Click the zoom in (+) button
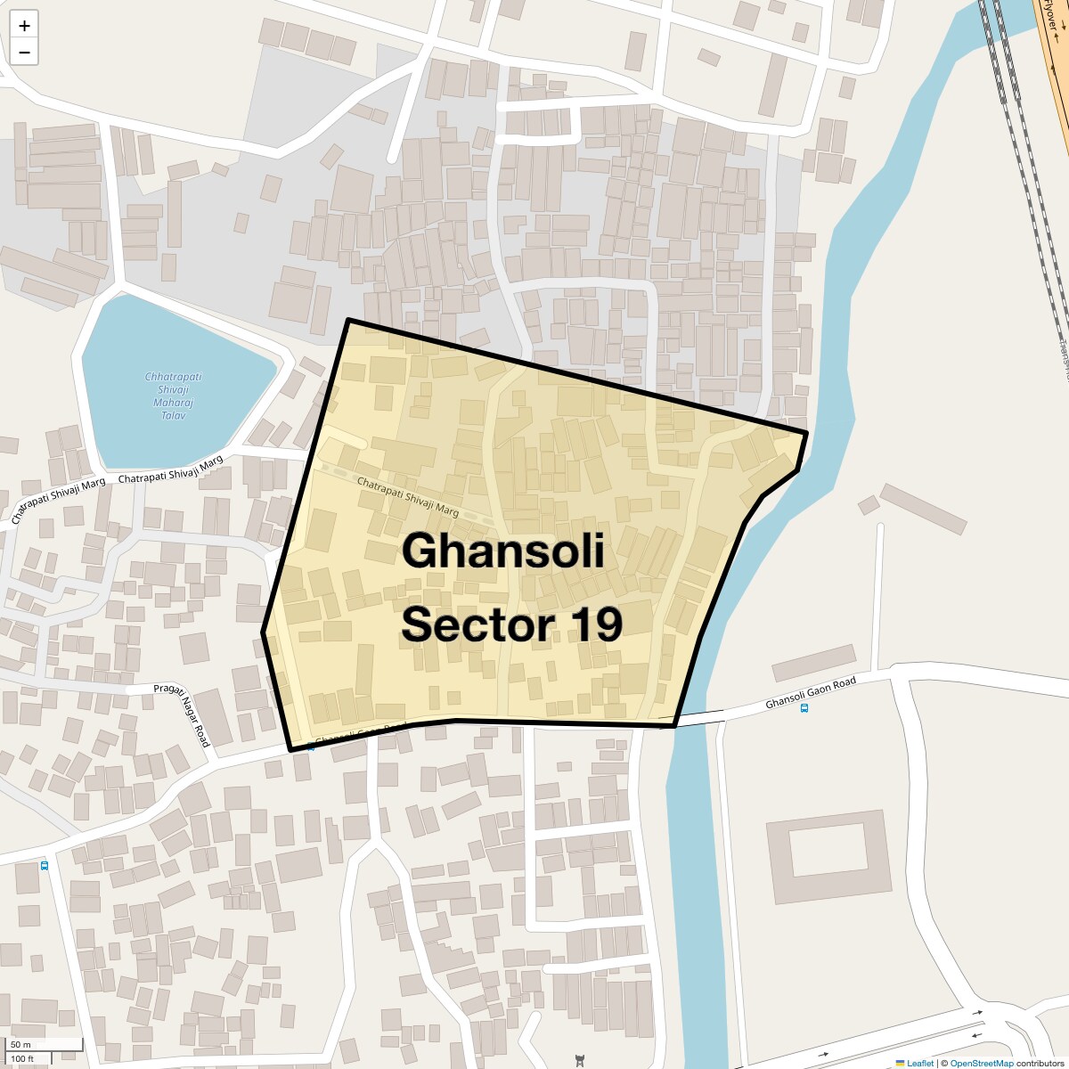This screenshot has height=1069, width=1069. tap(24, 26)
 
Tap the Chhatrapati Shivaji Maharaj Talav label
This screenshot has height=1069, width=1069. tap(173, 396)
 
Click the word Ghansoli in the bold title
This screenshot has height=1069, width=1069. tap(502, 551)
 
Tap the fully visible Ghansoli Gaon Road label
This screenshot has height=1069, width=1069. tap(811, 693)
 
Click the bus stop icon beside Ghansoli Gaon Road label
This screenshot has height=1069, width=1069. tap(804, 709)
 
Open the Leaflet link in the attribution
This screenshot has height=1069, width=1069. tap(919, 1063)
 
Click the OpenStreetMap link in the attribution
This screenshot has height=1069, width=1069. tap(982, 1063)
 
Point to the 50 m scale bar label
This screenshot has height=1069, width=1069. tap(21, 1045)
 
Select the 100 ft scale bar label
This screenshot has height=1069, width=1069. tap(23, 1059)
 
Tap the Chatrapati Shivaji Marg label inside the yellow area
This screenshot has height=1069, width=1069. tap(407, 497)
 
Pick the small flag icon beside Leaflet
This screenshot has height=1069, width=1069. tap(900, 1063)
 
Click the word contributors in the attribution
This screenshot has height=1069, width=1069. tap(1040, 1063)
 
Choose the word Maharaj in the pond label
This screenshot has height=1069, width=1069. tap(173, 403)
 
